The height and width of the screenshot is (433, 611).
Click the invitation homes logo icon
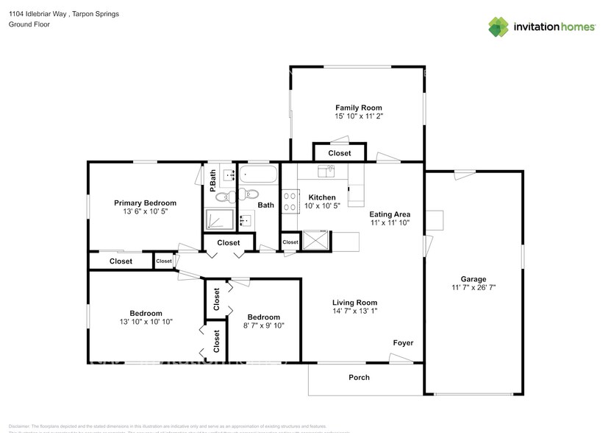(x=499, y=27)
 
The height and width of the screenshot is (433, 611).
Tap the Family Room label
(x=359, y=108)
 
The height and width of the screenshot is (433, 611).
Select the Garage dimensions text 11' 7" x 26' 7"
(x=474, y=288)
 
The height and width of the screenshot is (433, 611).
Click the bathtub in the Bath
(x=258, y=176)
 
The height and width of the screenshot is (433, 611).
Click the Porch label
(x=360, y=378)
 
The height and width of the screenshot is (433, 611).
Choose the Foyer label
(x=403, y=342)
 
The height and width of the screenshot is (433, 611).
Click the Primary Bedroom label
(x=145, y=203)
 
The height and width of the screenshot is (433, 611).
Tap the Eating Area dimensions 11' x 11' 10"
(x=390, y=222)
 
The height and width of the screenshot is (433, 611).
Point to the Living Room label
(x=354, y=303)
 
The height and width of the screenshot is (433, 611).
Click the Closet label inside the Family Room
(x=340, y=153)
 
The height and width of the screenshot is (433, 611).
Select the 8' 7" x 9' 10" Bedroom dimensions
(x=263, y=325)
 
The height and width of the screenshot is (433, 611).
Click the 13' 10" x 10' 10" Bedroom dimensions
(x=145, y=322)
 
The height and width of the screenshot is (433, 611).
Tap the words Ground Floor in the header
(x=29, y=24)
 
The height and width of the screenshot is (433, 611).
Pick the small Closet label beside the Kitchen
(x=290, y=242)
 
